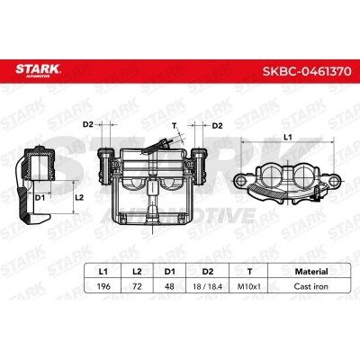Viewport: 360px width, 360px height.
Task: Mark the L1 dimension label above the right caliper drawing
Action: click(287, 137)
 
